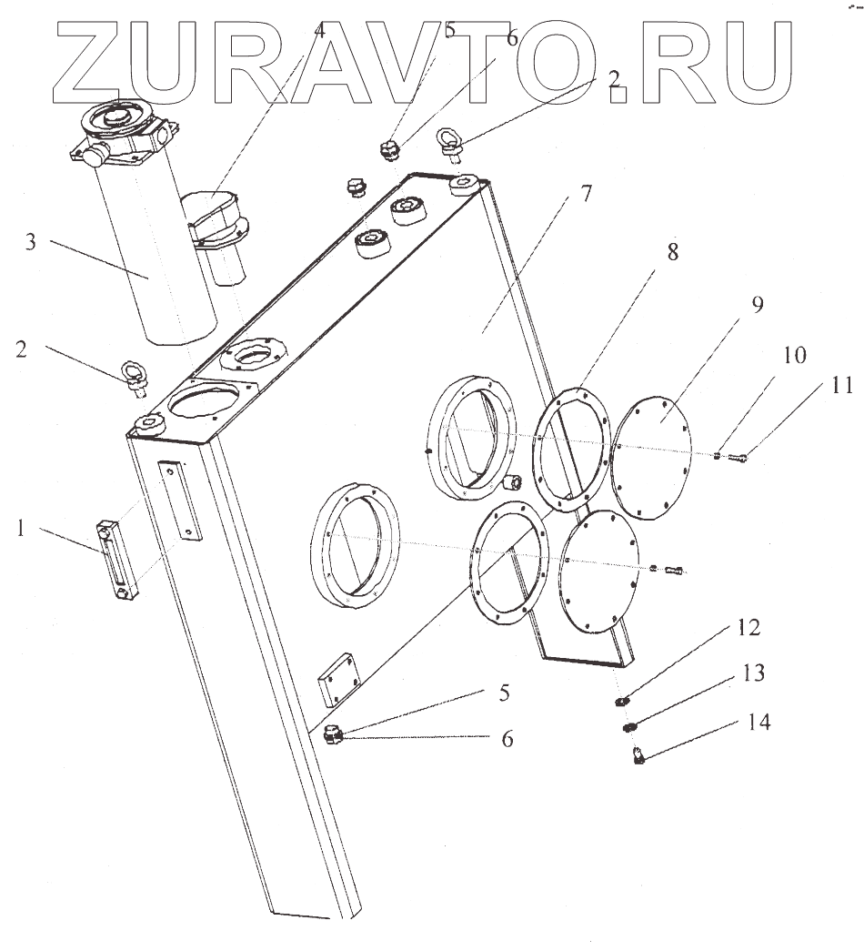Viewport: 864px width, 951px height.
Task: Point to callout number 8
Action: pyautogui.click(x=672, y=252)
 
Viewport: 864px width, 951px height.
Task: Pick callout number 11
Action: pyautogui.click(x=841, y=386)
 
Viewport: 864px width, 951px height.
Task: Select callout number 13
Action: pyautogui.click(x=752, y=673)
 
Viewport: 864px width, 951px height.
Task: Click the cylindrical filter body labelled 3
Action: pyautogui.click(x=159, y=264)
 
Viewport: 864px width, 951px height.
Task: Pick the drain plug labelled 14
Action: pyautogui.click(x=639, y=754)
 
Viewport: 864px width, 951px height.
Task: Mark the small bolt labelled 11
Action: pyautogui.click(x=739, y=458)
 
